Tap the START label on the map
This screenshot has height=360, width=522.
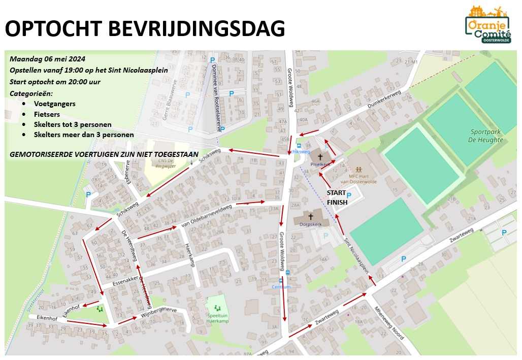[336, 193]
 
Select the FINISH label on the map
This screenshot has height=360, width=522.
[337, 202]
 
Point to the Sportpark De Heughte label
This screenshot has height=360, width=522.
[486, 136]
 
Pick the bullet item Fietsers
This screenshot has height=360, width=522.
[47, 114]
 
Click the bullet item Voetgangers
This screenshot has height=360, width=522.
[54, 104]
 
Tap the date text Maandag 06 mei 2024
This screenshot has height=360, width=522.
[47, 58]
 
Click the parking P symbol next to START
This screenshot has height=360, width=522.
[349, 195]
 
